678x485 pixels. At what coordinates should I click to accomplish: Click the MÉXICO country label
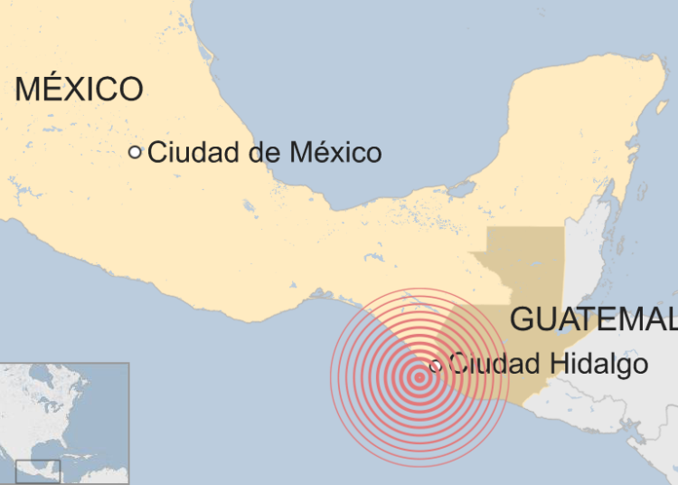[79, 89]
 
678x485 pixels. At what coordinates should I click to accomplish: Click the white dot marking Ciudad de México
[135, 152]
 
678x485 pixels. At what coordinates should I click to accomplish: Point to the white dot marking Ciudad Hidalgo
[436, 366]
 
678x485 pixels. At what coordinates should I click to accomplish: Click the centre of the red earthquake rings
[419, 378]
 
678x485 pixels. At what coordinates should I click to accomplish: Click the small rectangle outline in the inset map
[38, 471]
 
